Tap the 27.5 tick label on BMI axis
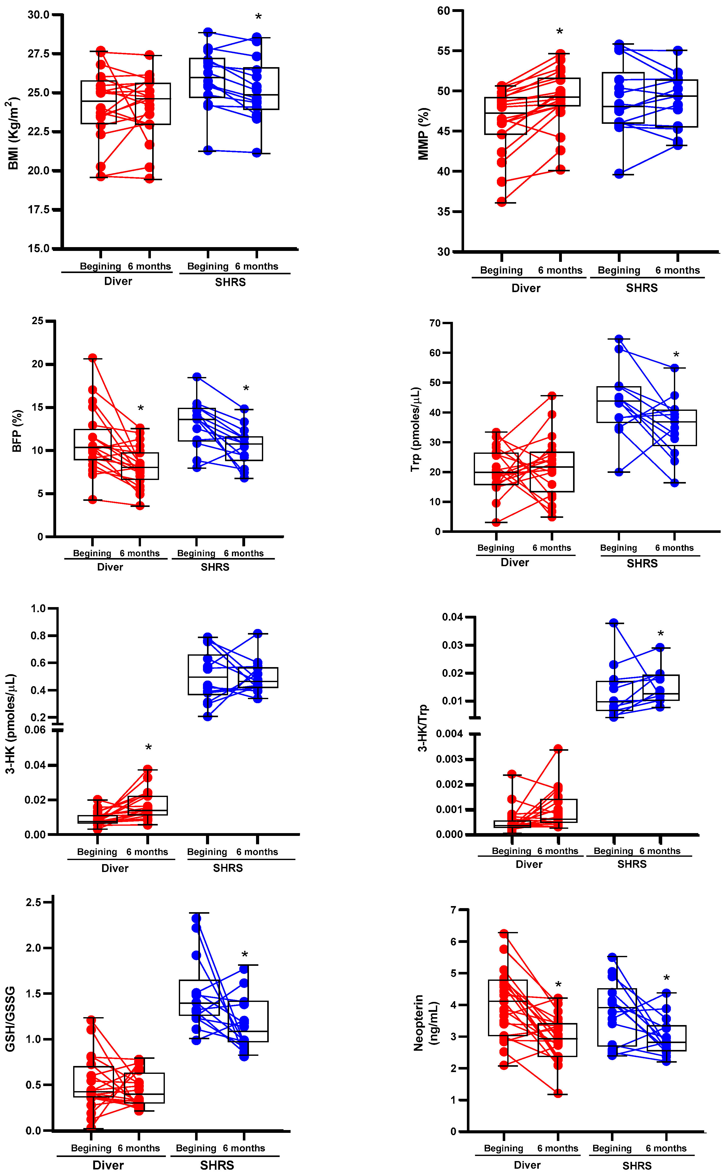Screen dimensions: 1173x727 (x=38, y=53)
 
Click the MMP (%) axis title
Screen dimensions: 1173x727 (x=423, y=133)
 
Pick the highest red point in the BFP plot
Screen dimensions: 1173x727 (x=92, y=358)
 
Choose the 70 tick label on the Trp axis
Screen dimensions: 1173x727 (x=435, y=323)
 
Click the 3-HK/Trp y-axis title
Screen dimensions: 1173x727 (x=422, y=728)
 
